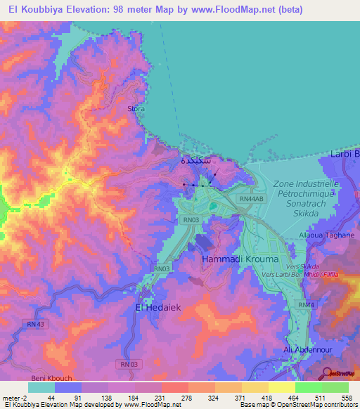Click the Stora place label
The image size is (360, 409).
(136, 109)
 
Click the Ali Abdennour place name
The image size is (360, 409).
(307, 349)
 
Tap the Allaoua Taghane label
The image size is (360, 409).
(326, 235)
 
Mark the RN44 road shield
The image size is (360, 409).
(304, 304)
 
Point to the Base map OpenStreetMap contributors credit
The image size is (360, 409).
(297, 405)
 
